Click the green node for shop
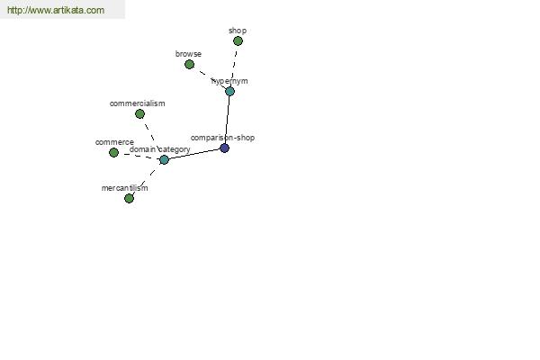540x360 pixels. (238, 41)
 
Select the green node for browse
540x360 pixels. (189, 64)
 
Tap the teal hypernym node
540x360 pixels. (229, 91)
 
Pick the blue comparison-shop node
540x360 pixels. (224, 148)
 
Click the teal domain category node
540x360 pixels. (165, 159)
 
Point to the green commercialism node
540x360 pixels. (139, 113)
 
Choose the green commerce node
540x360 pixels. (113, 152)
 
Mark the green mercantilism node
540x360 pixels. (129, 198)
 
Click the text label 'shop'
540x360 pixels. (238, 31)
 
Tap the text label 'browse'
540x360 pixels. (188, 54)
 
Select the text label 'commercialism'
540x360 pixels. (138, 103)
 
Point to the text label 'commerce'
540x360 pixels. (114, 142)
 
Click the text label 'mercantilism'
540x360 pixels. (125, 188)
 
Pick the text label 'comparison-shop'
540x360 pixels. (222, 138)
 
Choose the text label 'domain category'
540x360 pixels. (160, 149)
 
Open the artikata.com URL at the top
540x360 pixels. (56, 10)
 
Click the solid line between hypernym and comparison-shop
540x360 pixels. (228, 120)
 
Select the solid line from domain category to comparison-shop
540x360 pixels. (194, 154)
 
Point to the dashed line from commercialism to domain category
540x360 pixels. (152, 137)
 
